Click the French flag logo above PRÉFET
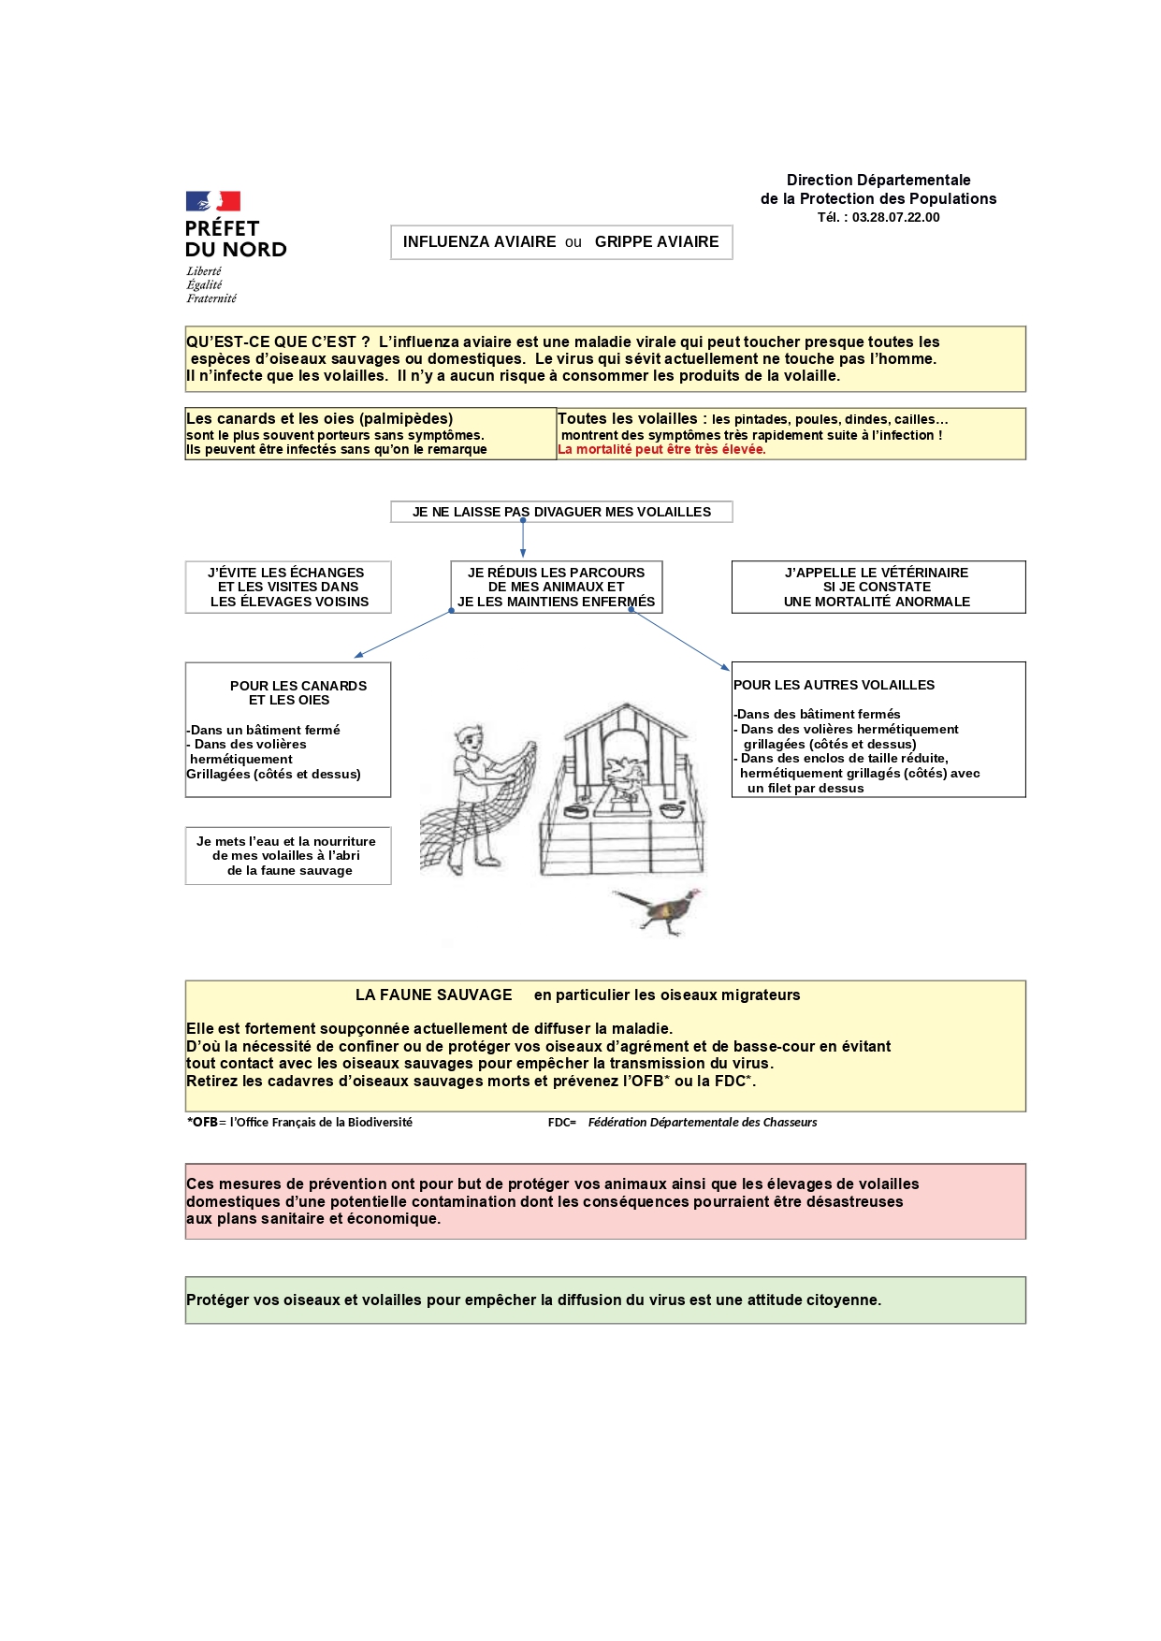(x=212, y=201)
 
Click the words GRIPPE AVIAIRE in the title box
(x=657, y=242)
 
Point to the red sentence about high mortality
(x=661, y=450)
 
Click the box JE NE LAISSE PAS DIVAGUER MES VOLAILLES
(x=561, y=512)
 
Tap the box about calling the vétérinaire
(x=878, y=587)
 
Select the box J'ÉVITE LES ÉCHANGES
(x=287, y=587)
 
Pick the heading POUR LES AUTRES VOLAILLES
(x=834, y=685)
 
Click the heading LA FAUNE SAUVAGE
(x=433, y=995)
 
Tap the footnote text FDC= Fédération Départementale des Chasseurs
(x=682, y=1123)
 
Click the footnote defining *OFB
(x=299, y=1123)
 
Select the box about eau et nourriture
(x=287, y=855)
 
